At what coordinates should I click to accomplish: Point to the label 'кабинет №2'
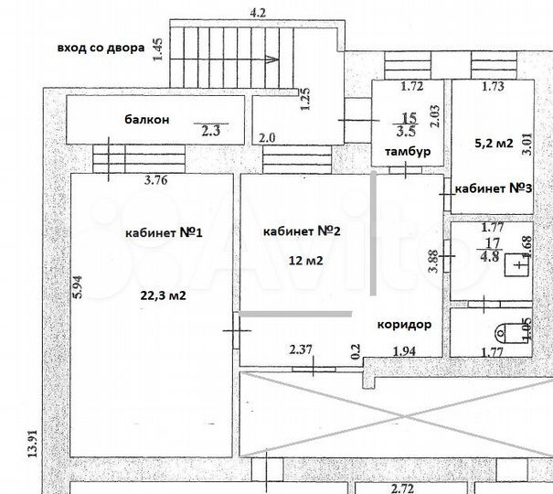coord(301,231)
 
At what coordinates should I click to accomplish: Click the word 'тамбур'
coord(407,151)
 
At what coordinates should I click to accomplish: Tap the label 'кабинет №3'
coord(494,188)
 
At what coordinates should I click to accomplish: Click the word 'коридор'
coord(403,324)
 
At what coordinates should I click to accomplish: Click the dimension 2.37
coord(302,349)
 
